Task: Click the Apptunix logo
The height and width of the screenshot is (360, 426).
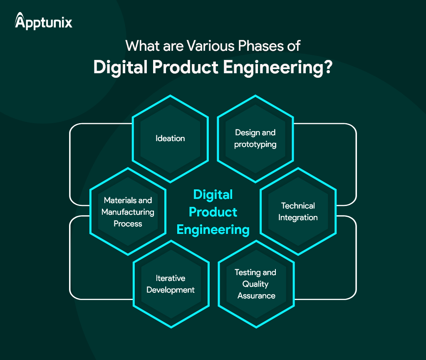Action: (x=44, y=21)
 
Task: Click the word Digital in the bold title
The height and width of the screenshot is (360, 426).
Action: (x=119, y=67)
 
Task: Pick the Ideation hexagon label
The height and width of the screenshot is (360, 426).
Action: (x=170, y=138)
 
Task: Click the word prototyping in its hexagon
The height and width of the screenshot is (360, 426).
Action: (x=255, y=144)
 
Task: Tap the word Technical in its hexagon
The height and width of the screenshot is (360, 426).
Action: (x=298, y=206)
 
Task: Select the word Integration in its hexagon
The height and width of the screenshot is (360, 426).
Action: (x=298, y=217)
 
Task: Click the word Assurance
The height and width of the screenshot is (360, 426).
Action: (x=256, y=295)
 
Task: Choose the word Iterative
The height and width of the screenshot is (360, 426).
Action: (x=171, y=278)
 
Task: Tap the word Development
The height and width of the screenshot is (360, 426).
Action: (x=171, y=290)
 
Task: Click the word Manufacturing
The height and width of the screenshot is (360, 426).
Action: (x=128, y=212)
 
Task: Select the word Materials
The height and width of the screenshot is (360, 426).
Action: (x=121, y=201)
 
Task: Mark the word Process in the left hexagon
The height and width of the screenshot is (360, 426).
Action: (x=128, y=223)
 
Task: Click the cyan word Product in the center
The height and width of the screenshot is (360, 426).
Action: (x=213, y=212)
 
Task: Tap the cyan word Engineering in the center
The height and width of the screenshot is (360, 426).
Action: (x=213, y=229)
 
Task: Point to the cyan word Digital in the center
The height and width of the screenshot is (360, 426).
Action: (x=213, y=194)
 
